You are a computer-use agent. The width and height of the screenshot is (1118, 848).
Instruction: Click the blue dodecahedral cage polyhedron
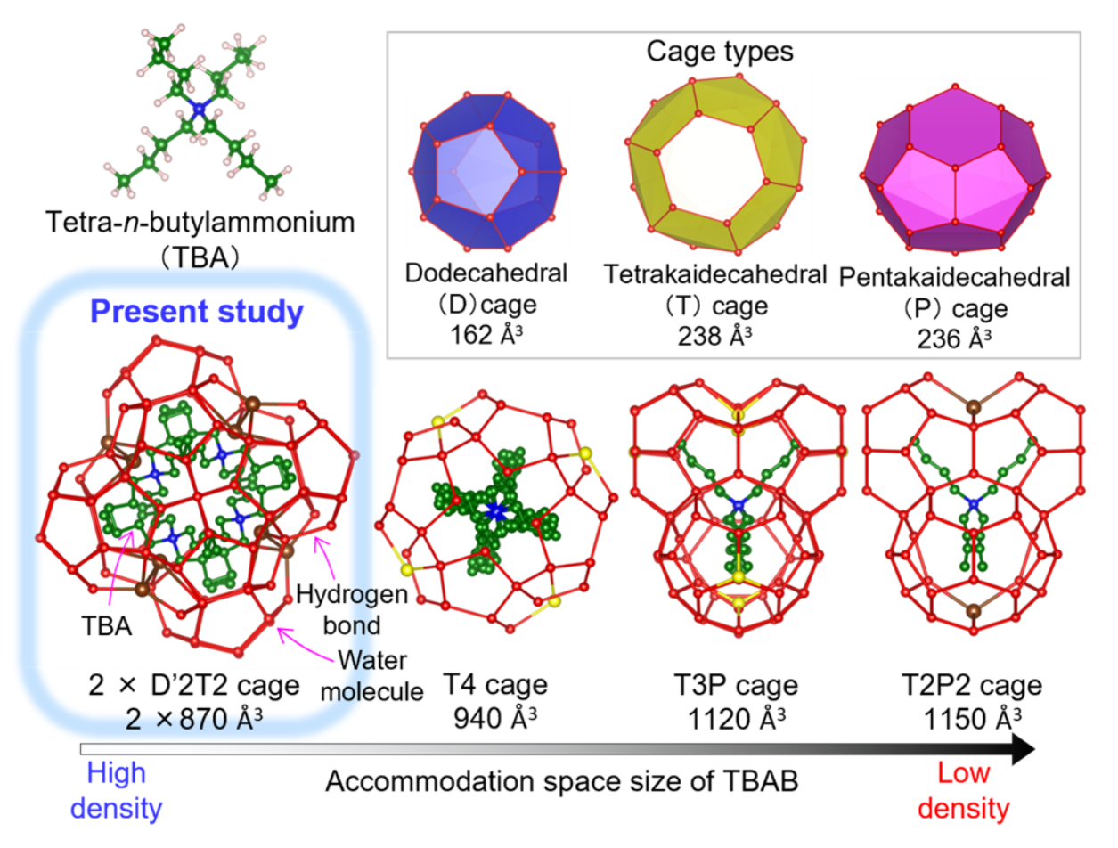pos(487,172)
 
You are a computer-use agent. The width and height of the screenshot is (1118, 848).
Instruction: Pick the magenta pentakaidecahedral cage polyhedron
pos(955,169)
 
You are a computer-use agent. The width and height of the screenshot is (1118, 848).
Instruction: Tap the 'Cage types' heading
pos(720,52)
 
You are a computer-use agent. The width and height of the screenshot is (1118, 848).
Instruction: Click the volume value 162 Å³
pos(486,335)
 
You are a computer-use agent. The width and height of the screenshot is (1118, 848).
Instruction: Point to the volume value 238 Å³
pos(714,336)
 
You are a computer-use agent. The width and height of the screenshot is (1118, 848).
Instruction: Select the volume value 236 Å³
pos(954,338)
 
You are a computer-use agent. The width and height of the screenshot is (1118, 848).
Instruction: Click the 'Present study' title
pos(197,312)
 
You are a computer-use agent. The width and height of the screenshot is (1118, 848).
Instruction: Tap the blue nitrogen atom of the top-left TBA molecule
pos(198,109)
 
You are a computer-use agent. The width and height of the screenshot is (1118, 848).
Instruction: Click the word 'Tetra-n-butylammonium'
pos(200,223)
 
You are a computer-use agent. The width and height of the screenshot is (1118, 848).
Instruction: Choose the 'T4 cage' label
pos(495,684)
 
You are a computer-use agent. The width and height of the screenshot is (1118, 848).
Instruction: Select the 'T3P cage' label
pos(736,685)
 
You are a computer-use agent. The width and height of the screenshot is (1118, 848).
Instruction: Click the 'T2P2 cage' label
pos(972,685)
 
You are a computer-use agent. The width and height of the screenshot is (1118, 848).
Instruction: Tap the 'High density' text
pos(116,790)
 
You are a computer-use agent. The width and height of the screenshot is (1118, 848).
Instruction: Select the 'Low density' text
pos(963,790)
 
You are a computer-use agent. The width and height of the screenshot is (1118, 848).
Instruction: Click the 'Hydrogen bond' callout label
pos(352,609)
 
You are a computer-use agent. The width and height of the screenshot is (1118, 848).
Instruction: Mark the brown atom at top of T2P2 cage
pos(974,407)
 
